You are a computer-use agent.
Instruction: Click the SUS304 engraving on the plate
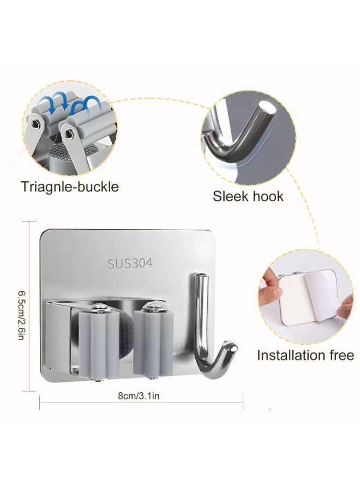coord(130,263)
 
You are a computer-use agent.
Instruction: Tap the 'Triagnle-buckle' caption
coord(70,187)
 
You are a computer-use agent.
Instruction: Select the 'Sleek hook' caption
coord(248,196)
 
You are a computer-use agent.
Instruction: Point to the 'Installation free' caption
coord(305,355)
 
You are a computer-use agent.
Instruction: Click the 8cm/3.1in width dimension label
coord(139,396)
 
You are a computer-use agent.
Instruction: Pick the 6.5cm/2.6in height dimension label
coord(21,315)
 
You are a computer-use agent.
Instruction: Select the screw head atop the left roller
coord(100,308)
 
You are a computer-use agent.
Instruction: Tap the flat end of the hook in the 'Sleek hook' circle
coord(268,107)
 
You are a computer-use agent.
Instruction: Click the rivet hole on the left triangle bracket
coord(38,124)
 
